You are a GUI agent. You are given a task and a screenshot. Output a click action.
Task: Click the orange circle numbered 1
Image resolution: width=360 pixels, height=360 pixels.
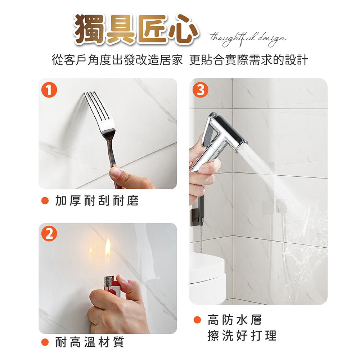(49, 90)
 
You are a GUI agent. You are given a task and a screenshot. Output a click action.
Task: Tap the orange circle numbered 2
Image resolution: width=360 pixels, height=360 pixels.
(49, 234)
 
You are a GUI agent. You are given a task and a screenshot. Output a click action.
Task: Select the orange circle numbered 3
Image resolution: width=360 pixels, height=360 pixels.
(200, 90)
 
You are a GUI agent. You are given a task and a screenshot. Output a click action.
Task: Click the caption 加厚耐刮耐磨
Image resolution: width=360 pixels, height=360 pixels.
(96, 201)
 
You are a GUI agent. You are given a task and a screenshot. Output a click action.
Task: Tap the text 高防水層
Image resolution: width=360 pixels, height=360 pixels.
(235, 320)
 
